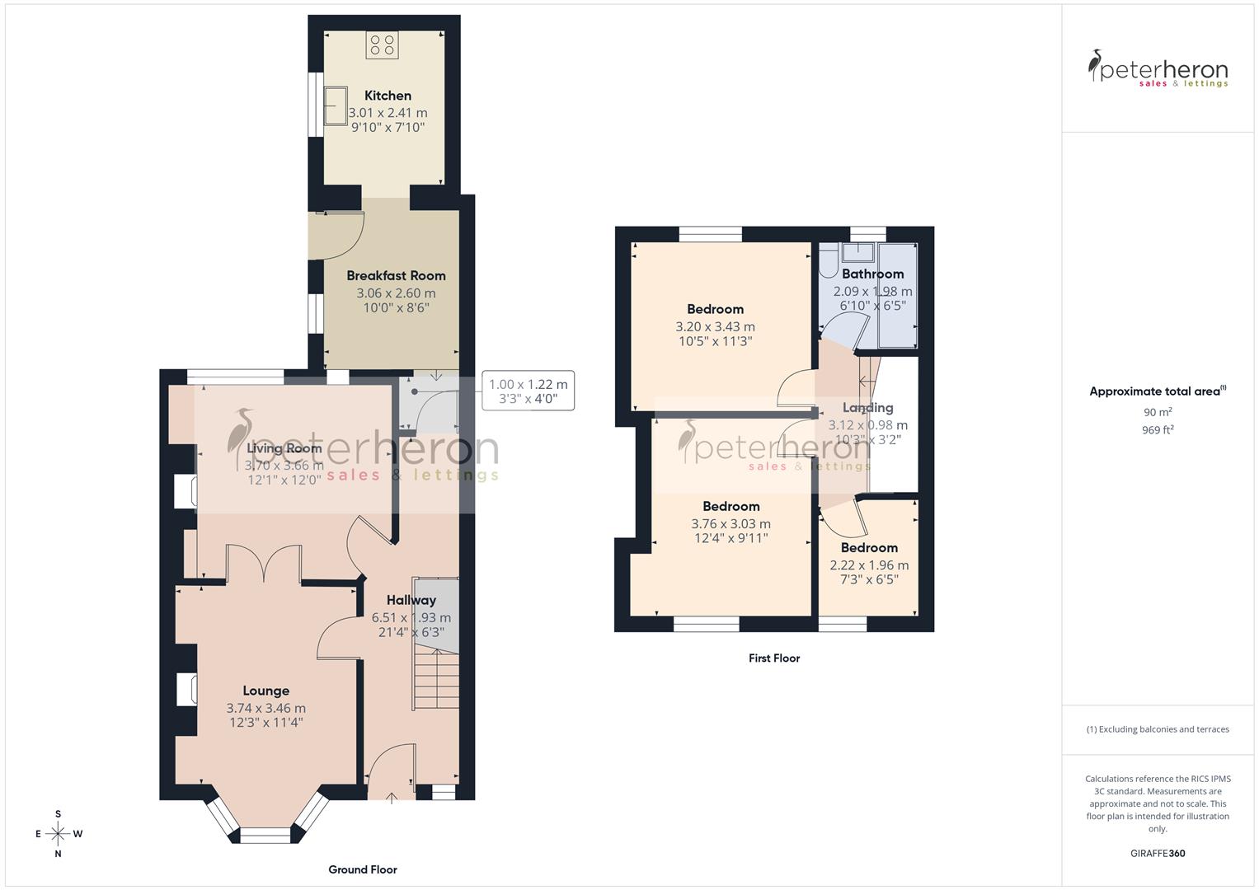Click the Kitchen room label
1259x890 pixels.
(x=388, y=96)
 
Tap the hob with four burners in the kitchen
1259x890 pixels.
(x=382, y=45)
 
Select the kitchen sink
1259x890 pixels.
(x=336, y=105)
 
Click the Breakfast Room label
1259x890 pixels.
(x=396, y=276)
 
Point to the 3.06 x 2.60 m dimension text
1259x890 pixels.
(x=396, y=293)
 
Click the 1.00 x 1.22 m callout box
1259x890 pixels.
(x=528, y=391)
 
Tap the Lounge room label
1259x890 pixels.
(x=265, y=691)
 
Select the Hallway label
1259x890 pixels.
(x=411, y=600)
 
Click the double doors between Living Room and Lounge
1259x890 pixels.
(x=264, y=564)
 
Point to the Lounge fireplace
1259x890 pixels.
(x=186, y=690)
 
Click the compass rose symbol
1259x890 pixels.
(x=58, y=833)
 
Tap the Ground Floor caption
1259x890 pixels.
(x=363, y=869)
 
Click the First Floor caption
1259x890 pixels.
(x=774, y=658)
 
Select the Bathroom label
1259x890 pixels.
(x=872, y=274)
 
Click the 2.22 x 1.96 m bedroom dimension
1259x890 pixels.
(x=869, y=565)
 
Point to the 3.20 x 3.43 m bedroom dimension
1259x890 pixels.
(x=715, y=326)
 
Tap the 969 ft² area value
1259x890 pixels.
(x=1158, y=430)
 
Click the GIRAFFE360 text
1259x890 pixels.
(x=1158, y=853)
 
